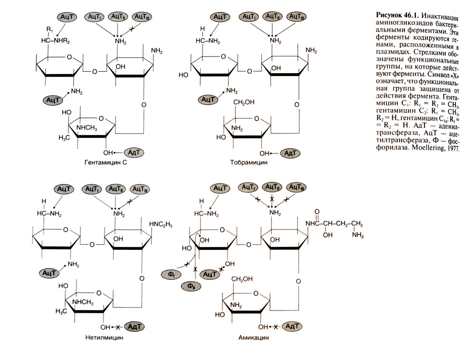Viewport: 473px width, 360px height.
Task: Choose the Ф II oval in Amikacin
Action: click(191, 286)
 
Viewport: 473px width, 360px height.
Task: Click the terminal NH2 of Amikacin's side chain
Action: click(357, 236)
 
